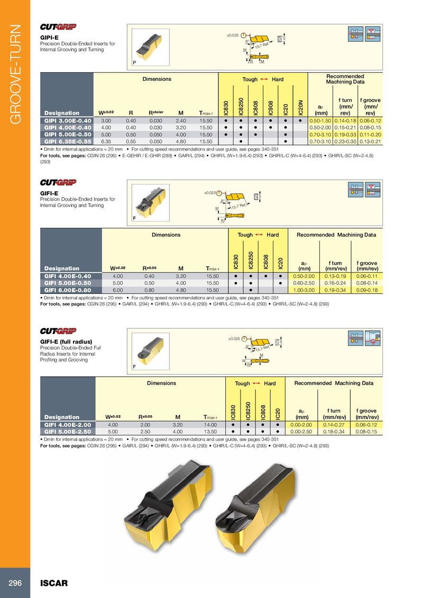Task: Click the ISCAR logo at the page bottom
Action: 54,583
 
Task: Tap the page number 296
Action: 14,583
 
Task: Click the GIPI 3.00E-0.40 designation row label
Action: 68,121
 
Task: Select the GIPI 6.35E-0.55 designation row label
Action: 68,142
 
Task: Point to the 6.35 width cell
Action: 106,142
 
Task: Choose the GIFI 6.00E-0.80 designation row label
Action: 68,289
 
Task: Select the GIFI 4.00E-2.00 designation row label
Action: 68,424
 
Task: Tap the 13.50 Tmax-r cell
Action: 213,431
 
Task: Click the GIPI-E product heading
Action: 49,38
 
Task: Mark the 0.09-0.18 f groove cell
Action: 366,289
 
